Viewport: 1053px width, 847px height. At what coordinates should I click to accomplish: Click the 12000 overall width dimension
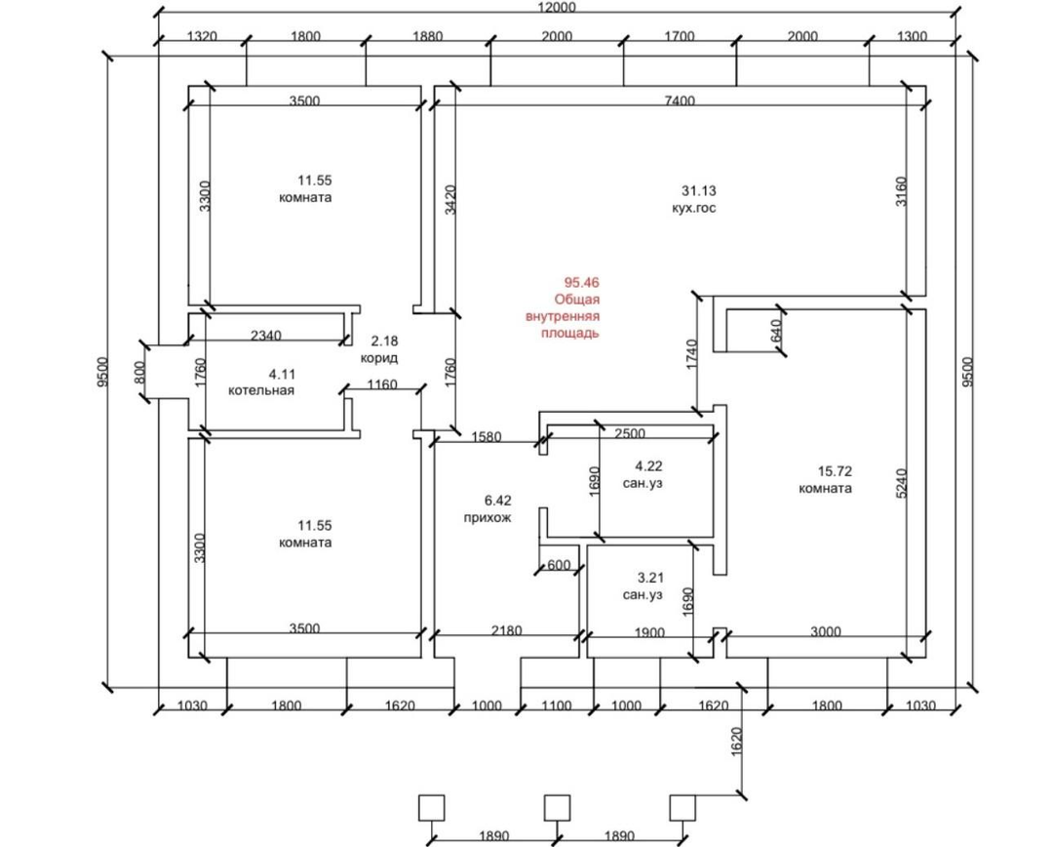pos(557,8)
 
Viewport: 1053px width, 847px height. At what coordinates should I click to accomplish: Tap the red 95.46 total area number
pos(581,282)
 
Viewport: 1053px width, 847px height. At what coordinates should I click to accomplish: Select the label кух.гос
pos(694,209)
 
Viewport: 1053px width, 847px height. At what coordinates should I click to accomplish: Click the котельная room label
pos(261,390)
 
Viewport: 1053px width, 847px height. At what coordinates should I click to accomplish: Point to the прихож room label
pos(487,517)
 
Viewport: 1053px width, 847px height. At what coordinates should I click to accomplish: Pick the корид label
pos(379,358)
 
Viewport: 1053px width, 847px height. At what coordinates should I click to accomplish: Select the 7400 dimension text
pos(680,101)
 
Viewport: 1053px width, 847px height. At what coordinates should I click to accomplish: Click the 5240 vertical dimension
pos(901,483)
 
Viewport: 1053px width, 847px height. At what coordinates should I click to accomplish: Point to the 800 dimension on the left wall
pos(139,372)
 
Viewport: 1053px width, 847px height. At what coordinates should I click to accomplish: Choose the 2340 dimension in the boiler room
pos(266,335)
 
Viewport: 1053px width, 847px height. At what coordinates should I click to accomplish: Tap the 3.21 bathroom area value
pos(650,578)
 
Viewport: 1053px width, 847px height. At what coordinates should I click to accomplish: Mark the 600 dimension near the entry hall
pos(559,565)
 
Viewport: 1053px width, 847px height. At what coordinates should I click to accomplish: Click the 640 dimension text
pos(775,331)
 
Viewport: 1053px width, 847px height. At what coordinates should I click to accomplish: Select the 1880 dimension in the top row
pos(427,36)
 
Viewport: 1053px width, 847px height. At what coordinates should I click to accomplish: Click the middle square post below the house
pos(557,807)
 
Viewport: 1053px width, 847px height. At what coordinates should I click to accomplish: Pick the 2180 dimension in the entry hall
pos(506,630)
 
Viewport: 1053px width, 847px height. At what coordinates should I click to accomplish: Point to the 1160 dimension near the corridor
pos(382,385)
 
